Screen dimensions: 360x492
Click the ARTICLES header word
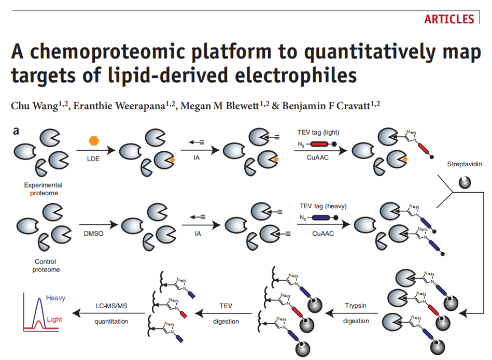coord(449,19)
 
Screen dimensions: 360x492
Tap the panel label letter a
coord(16,131)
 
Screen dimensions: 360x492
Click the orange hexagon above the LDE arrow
coord(93,140)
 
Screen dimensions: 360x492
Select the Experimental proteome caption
coord(43,189)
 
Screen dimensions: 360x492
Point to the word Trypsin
coord(356,306)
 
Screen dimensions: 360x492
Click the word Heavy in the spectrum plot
coord(55,298)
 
